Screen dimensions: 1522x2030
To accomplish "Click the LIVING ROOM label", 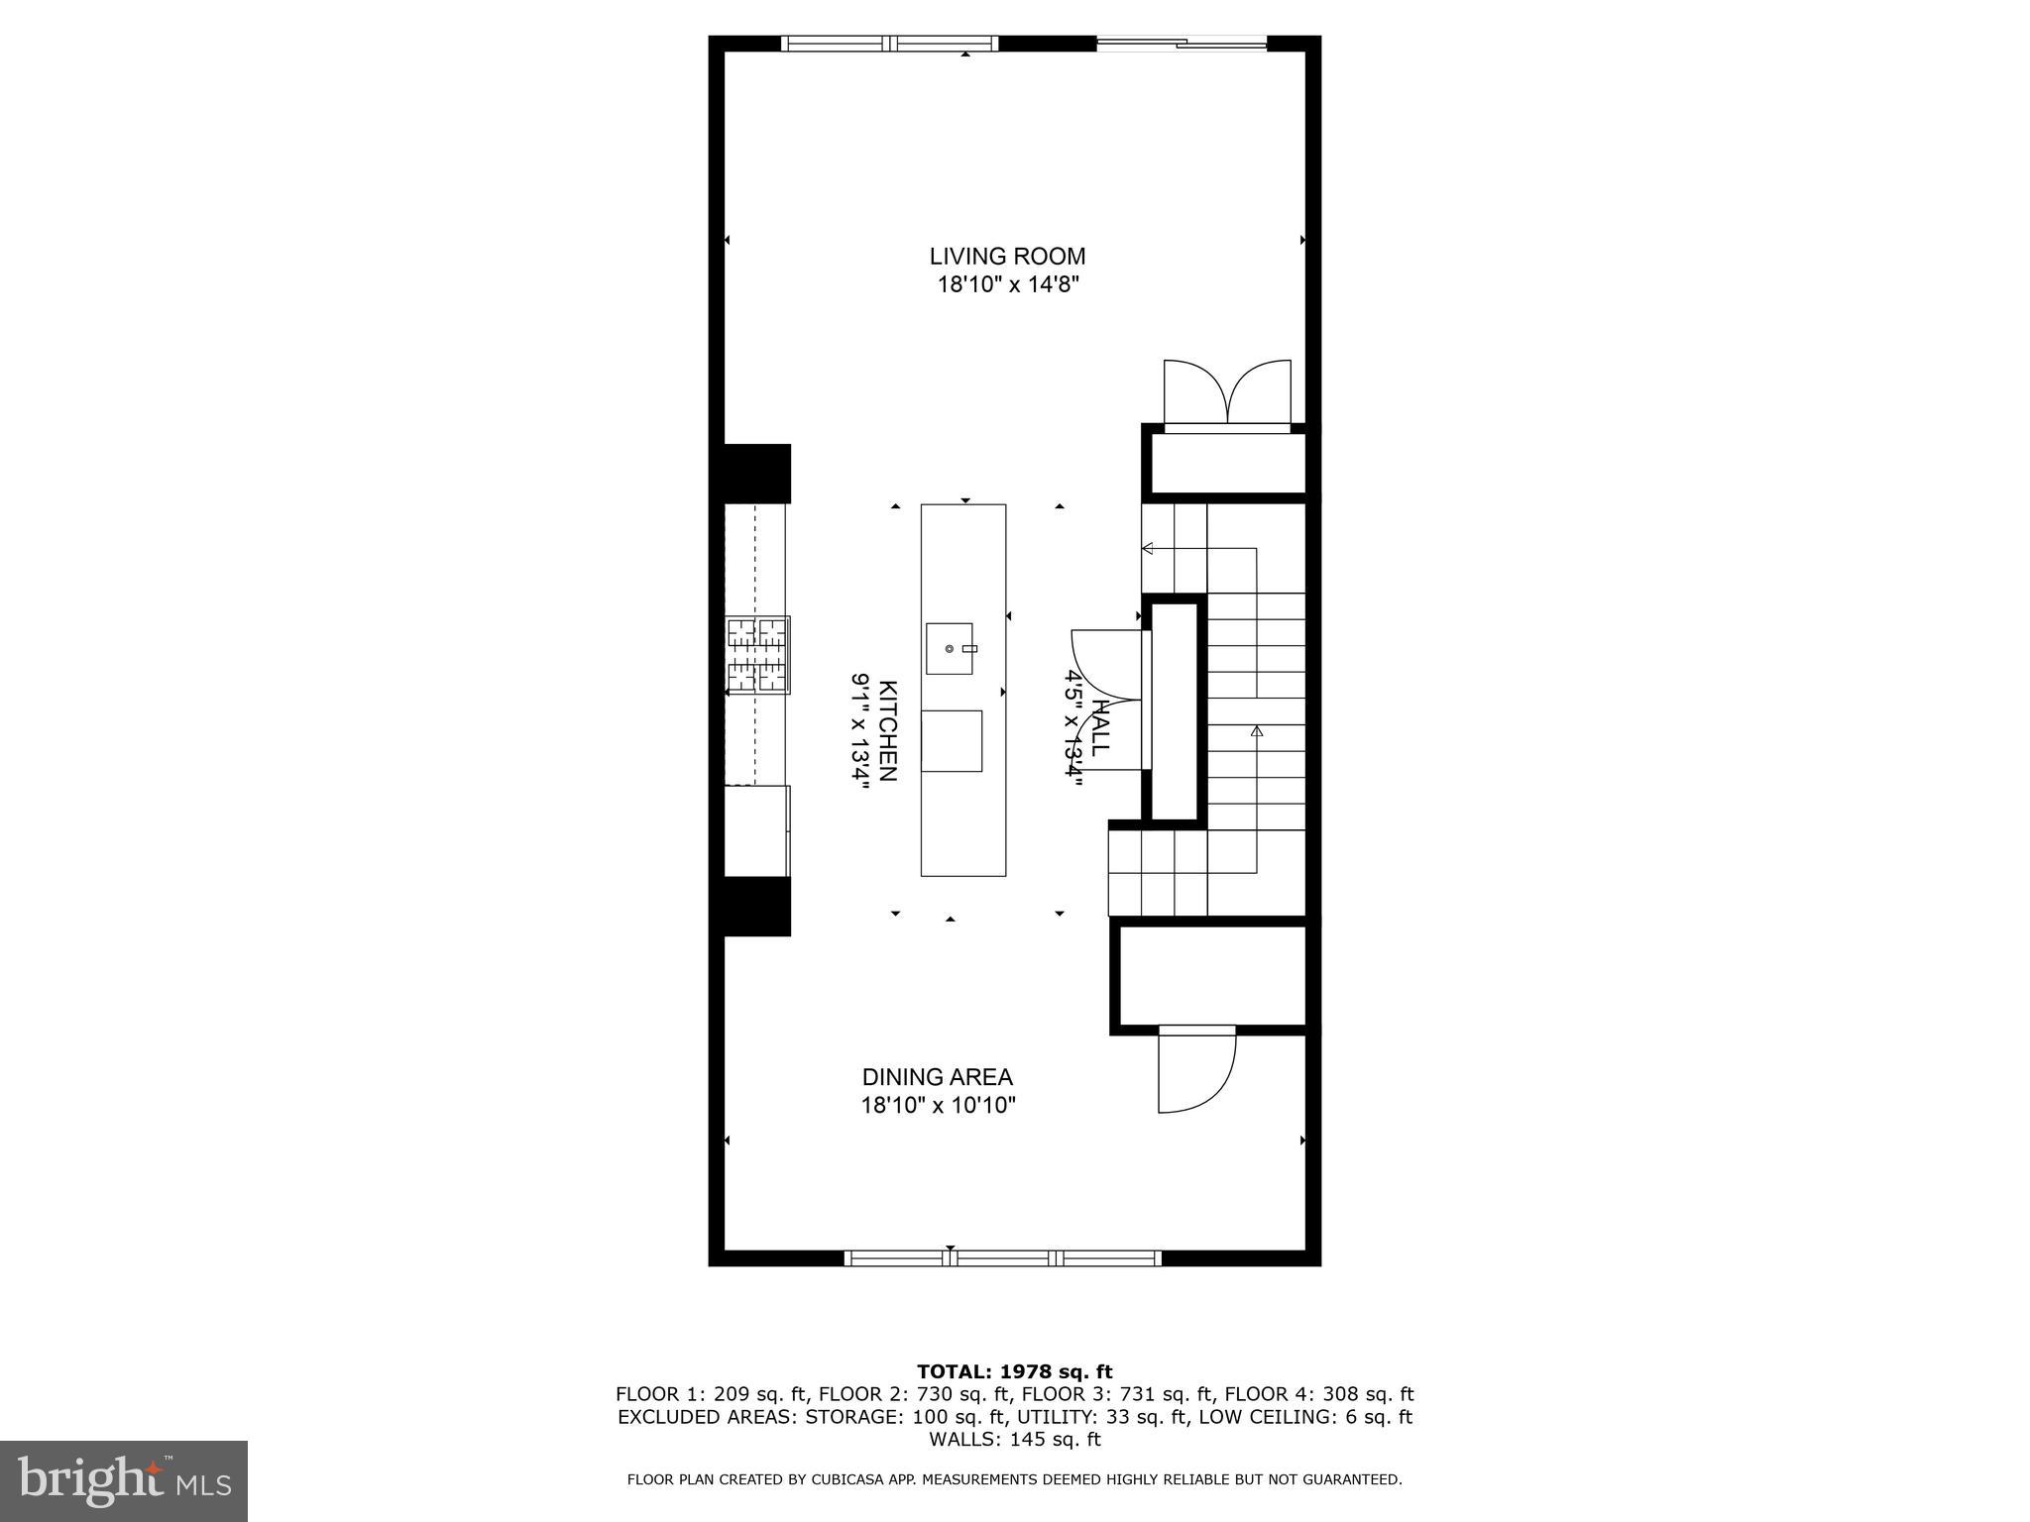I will coord(1007,257).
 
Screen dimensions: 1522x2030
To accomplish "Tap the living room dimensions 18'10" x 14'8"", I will coord(1007,285).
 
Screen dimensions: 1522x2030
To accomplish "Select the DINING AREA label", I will coord(937,1077).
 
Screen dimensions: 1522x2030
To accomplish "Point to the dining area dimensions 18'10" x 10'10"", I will coord(938,1105).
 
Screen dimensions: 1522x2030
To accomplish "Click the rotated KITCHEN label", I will coord(888,730).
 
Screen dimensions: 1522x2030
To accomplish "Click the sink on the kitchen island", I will coord(949,648).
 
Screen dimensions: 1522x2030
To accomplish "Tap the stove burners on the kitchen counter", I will coord(757,655).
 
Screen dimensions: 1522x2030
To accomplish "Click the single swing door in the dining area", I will coord(1195,1070).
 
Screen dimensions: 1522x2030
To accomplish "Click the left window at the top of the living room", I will coord(889,43).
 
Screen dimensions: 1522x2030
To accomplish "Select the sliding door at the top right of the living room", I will coord(1182,43).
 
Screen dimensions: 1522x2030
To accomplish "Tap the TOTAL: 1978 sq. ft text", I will coord(1014,1372).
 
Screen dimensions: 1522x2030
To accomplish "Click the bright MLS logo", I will coord(124,1480).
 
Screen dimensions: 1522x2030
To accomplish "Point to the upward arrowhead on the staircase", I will coord(1257,731).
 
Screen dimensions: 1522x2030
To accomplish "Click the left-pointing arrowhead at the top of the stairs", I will coord(1148,548).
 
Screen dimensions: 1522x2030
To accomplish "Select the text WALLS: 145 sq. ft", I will coord(1014,1439).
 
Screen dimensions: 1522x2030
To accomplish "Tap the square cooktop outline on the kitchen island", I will coord(952,741).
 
